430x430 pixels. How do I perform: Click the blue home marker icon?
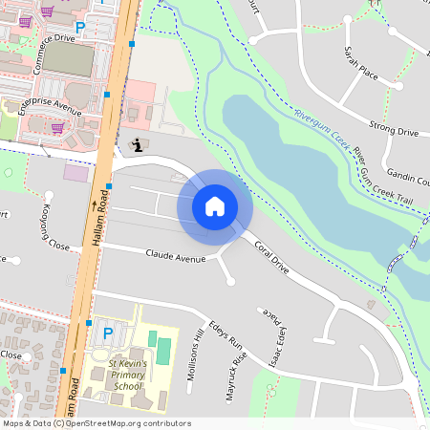click(x=215, y=206)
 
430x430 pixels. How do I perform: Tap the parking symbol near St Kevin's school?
click(x=107, y=333)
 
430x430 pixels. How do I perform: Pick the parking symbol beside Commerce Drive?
click(x=79, y=28)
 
